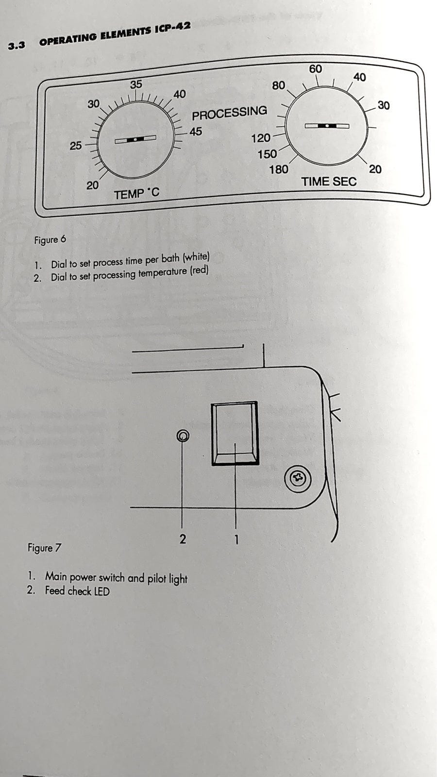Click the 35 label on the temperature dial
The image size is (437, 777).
point(136,84)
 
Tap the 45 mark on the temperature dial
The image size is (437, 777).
point(196,132)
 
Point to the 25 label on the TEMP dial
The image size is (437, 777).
point(76,146)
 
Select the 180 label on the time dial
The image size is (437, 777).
point(279,169)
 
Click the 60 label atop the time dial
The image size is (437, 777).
point(316,69)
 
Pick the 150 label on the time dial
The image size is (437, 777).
point(267,154)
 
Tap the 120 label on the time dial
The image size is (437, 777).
point(261,138)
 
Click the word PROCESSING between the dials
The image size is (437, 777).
point(229,113)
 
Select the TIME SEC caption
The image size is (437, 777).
point(329,182)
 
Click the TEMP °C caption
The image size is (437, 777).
point(136,194)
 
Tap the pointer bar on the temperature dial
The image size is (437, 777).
point(135,139)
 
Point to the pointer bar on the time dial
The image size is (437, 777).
point(327,126)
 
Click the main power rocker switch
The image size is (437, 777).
point(235,433)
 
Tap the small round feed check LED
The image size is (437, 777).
point(183,436)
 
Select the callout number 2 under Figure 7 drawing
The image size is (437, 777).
point(183,539)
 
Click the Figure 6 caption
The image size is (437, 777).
point(50,240)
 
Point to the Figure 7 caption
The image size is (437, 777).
point(44,548)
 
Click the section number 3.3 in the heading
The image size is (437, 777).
point(17,46)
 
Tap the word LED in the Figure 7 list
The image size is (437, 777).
point(101,591)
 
